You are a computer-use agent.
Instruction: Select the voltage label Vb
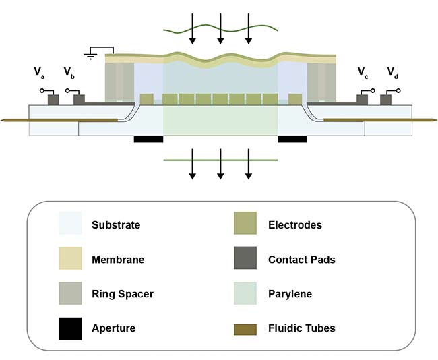[x=68, y=71]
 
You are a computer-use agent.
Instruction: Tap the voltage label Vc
[x=363, y=71]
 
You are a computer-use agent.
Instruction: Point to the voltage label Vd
[x=392, y=71]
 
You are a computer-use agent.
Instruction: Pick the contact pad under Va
[x=52, y=100]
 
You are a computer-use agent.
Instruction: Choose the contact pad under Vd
[x=386, y=100]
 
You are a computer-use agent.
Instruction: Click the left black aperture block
[x=149, y=139]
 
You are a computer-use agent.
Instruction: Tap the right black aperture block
[x=292, y=139]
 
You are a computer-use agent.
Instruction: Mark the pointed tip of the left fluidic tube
[x=3, y=120]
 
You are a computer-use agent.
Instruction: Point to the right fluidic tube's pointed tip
[x=434, y=120]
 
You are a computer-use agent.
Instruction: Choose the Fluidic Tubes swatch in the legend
[x=245, y=328]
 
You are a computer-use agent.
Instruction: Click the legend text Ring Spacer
[x=123, y=294]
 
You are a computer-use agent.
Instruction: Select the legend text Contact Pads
[x=301, y=259]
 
